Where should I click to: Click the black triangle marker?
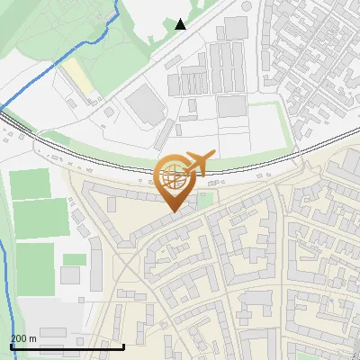coord(181,24)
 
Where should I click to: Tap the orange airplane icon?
coord(200,162)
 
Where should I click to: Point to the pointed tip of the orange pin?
coord(175,211)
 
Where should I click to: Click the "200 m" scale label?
coord(22,338)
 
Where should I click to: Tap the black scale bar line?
coord(67,346)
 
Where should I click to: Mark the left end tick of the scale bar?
coord(11,345)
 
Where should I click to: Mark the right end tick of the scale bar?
coord(124,345)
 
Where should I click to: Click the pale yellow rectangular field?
coord(78,79)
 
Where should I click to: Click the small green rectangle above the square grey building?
coord(75,259)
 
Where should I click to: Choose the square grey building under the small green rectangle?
coord(72,277)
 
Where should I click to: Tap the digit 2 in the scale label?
coord(13,338)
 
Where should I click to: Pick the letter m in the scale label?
coord(32,338)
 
